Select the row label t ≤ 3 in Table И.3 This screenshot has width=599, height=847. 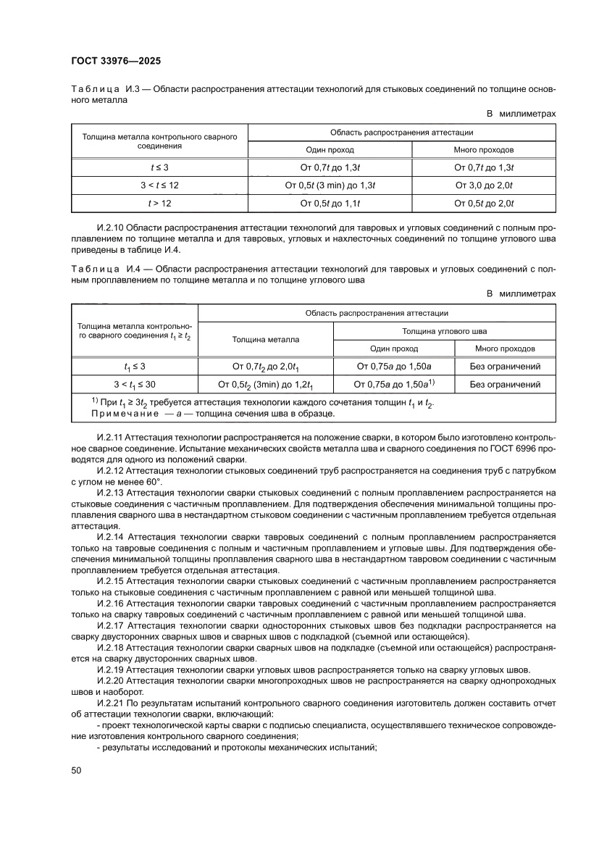[x=159, y=167]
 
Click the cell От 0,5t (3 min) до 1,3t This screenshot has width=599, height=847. [x=330, y=185]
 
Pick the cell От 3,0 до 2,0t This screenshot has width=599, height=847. [x=484, y=185]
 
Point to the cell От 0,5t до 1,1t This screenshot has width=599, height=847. [x=330, y=204]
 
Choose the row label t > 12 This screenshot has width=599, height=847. [x=159, y=204]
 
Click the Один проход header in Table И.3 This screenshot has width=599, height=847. [x=330, y=150]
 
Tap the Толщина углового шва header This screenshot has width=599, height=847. [x=445, y=330]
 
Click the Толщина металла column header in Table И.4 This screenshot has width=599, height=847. [x=265, y=339]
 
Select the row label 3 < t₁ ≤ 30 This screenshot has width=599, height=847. [x=135, y=384]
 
